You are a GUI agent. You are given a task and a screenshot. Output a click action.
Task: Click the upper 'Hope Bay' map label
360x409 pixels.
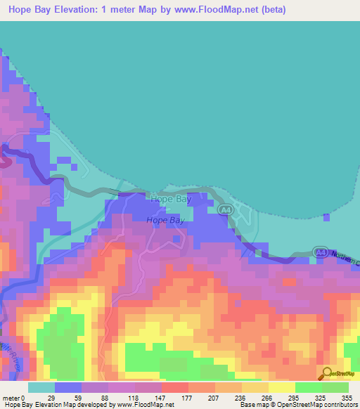point(169,200)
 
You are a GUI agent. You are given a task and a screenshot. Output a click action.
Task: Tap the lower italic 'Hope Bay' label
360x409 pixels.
point(165,220)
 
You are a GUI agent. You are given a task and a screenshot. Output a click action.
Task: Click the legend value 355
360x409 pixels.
point(345,398)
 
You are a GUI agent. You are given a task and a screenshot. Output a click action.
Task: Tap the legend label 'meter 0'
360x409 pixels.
point(13,398)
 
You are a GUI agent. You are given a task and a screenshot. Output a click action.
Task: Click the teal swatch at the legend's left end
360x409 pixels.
point(41,387)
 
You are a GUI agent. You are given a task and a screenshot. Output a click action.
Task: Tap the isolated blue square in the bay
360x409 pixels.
point(326,218)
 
